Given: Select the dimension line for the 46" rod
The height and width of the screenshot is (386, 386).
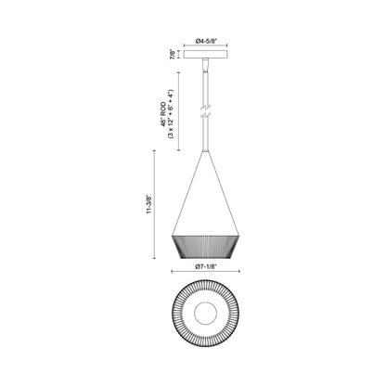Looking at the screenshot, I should tap(183, 112).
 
